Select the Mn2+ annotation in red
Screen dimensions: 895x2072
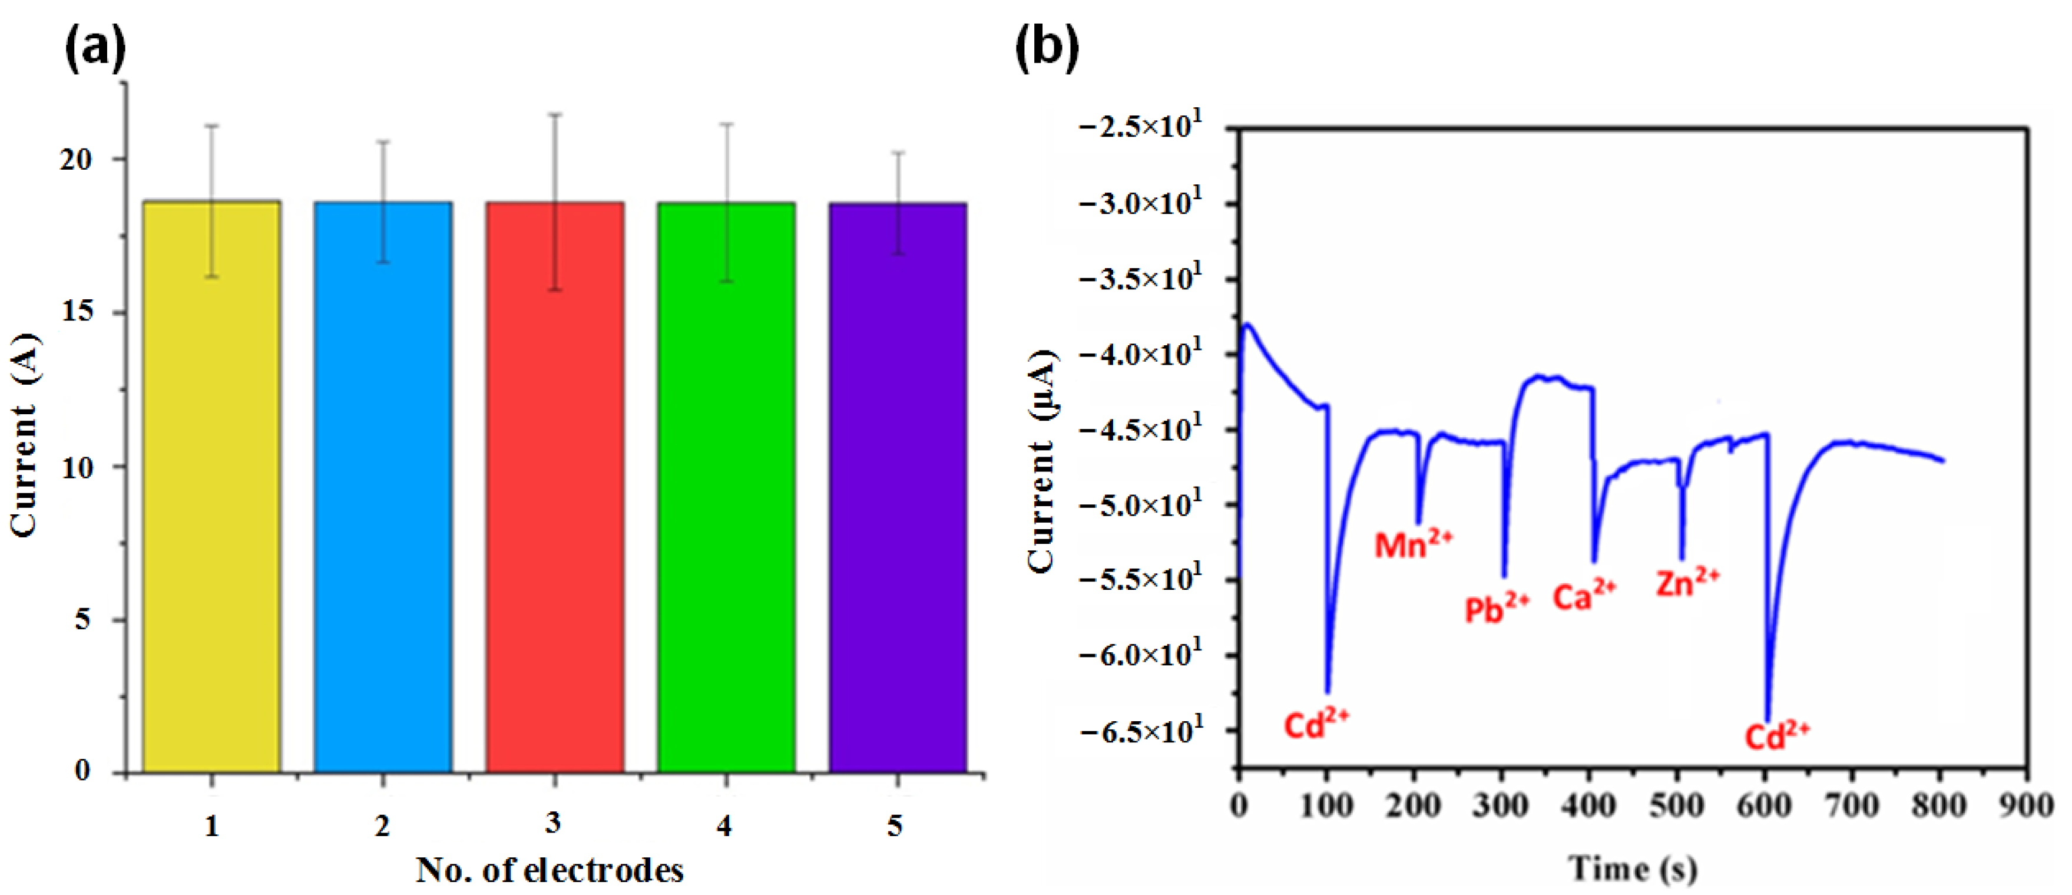[1412, 544]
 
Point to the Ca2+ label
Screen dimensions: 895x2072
[1584, 596]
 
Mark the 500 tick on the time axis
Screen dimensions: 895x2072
[1677, 805]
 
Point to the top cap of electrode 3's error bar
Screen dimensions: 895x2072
[555, 114]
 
